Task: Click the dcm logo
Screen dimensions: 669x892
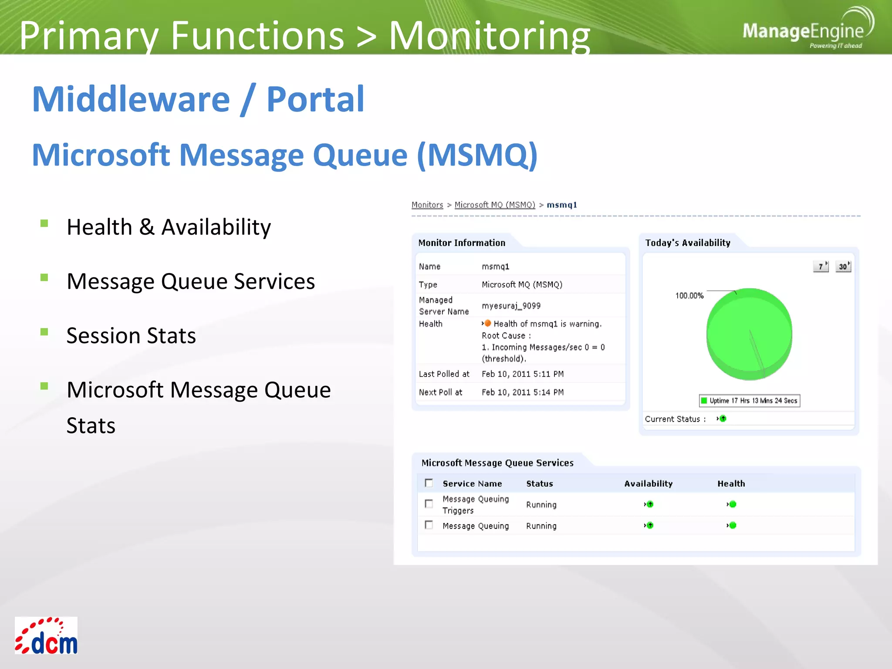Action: [46, 635]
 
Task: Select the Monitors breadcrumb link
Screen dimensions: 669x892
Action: [427, 205]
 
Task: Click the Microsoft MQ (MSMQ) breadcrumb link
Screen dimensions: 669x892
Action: [494, 205]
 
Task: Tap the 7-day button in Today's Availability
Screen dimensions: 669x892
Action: [821, 266]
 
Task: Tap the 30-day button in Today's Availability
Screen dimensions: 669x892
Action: [843, 266]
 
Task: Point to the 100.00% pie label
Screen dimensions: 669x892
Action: [689, 296]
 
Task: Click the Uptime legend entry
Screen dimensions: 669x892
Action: [749, 401]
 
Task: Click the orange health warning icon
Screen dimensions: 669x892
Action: [487, 323]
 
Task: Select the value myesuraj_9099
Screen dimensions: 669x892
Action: [511, 306]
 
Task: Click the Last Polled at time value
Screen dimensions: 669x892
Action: [522, 374]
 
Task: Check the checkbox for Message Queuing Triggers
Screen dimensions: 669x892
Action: [429, 504]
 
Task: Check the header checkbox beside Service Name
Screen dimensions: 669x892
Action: [429, 483]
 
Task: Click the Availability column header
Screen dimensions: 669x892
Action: [648, 483]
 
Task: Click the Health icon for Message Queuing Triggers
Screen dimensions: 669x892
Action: [732, 504]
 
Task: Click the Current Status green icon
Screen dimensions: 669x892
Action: [723, 419]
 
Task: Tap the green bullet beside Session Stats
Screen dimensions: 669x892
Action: [44, 332]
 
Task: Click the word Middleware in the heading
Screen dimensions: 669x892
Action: [131, 99]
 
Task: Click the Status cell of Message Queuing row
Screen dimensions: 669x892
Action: [541, 526]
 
